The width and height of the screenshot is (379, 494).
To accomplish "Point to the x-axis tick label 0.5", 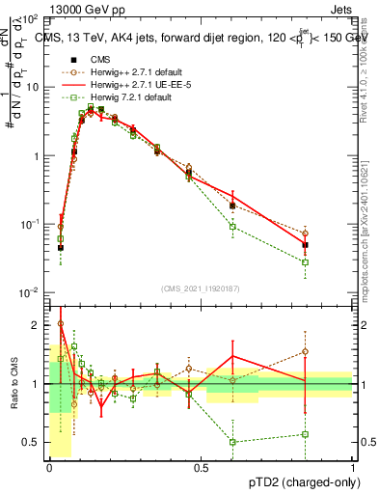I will tap(201, 468).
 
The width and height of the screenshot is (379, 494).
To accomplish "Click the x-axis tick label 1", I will tap(353, 468).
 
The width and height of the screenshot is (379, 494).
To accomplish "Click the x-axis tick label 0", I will tap(49, 468).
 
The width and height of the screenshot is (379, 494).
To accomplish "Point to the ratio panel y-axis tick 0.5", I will tap(32, 443).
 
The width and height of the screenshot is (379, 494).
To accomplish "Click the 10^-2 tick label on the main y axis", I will tap(29, 292).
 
